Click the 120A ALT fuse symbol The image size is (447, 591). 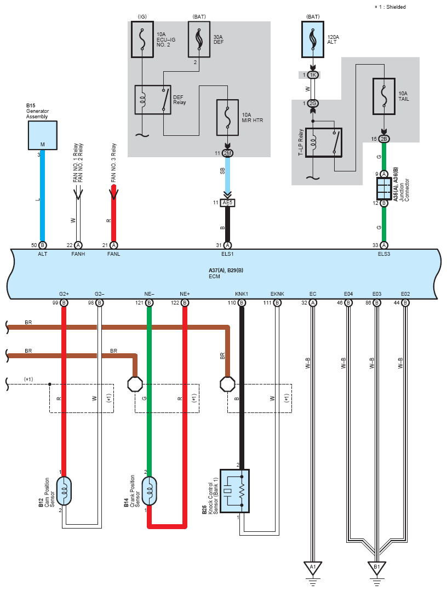(x=313, y=39)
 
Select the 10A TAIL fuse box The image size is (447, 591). (x=383, y=96)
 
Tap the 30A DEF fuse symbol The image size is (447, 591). (x=199, y=39)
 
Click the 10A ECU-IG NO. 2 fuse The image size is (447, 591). (x=142, y=39)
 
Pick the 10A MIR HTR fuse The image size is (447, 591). (x=227, y=117)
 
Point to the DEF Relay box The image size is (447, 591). (x=153, y=100)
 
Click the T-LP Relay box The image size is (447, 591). (x=324, y=142)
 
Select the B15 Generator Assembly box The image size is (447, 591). (x=43, y=135)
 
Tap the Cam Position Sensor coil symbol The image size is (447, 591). (x=64, y=491)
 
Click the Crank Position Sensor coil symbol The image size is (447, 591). (x=149, y=491)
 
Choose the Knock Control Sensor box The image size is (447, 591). (x=234, y=491)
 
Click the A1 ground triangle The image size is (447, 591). (x=312, y=567)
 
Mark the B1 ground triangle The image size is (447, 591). (x=376, y=567)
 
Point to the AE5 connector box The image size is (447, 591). (x=227, y=203)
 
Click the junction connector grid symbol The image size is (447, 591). (x=383, y=188)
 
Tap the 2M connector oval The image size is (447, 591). (x=227, y=153)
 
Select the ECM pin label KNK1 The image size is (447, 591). (x=242, y=294)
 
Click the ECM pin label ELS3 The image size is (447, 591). (x=384, y=254)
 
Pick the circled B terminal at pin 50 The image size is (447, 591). (x=43, y=245)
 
